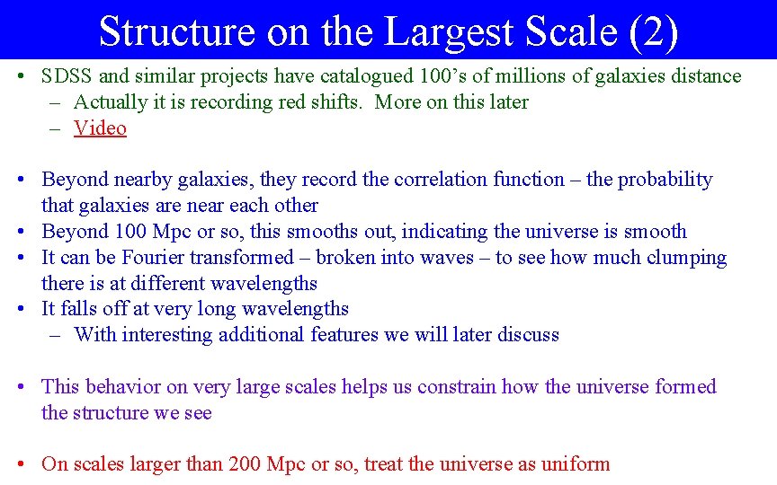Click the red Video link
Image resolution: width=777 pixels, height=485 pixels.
click(100, 128)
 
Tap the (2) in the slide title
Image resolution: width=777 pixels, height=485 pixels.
click(654, 31)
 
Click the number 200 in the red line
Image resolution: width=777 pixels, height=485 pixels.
click(252, 464)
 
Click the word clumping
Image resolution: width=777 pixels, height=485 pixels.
click(685, 258)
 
